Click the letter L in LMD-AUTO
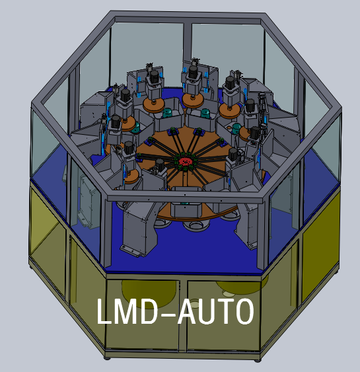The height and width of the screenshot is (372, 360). pos(104,311)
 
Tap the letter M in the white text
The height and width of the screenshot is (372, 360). pos(126,311)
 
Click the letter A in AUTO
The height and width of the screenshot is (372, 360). pos(188,311)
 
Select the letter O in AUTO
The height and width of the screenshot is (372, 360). pos(244,311)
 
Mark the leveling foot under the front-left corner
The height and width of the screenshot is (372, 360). pos(107,357)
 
